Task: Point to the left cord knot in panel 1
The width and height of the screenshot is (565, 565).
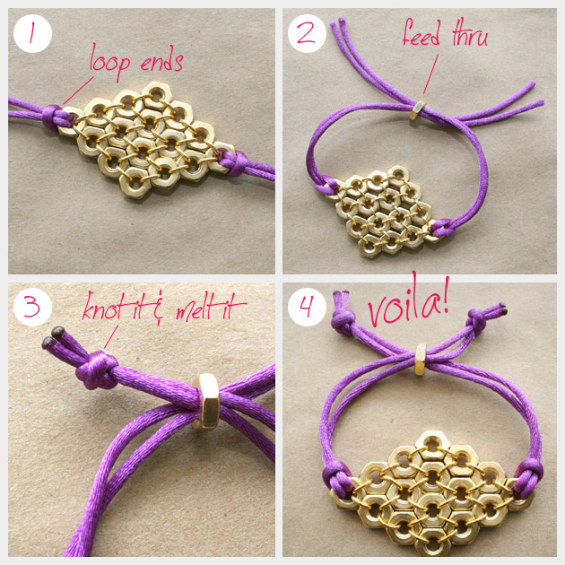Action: pyautogui.click(x=53, y=117)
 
